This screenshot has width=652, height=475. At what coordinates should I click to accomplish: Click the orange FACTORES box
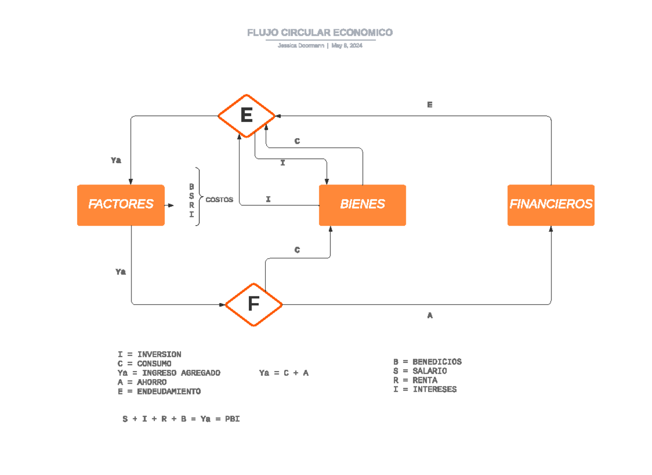pos(121,205)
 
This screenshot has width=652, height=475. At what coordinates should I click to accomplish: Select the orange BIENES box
pos(362,205)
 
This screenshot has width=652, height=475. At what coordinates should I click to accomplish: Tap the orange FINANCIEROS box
pos(550,205)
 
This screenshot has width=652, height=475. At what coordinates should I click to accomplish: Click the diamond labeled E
pos(246,115)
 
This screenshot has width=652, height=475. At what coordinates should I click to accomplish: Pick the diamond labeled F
pos(253,304)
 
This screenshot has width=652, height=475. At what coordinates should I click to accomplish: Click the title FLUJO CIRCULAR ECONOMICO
pos(319,33)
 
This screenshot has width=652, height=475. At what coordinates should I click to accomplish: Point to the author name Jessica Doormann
pos(301,46)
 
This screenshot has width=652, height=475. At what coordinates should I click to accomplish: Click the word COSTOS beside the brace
pos(219,200)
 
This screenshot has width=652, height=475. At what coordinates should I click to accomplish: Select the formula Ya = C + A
pos(284,373)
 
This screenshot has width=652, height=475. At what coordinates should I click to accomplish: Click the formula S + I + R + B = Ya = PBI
pos(181,419)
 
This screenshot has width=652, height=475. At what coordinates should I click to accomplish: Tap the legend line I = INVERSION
pos(149,354)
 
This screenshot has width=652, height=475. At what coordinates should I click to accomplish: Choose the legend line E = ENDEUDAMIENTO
pos(159,391)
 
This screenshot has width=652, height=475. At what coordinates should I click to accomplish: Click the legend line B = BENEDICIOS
pos(428,362)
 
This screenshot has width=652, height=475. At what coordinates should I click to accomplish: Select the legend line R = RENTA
pos(415,380)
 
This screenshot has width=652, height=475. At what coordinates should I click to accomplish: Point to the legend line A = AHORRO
pos(142,382)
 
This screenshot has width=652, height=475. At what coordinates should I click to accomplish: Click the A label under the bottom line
pos(430,315)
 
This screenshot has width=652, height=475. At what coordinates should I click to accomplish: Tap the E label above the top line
pos(429,105)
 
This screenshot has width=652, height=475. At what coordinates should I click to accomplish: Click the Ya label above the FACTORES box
pos(116,160)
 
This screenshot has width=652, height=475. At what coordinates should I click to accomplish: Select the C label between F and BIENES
pos(297,250)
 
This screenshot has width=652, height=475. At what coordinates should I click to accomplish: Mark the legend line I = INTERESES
pos(425,390)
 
